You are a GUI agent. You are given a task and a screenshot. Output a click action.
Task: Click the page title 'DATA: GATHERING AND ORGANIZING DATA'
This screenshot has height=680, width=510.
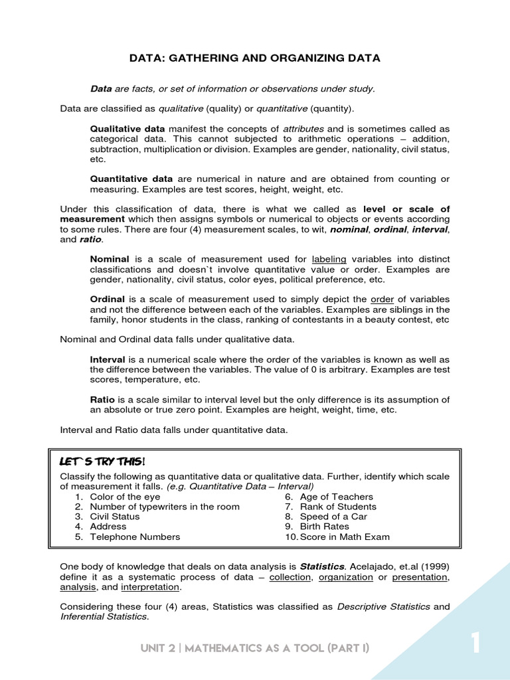[x=255, y=58]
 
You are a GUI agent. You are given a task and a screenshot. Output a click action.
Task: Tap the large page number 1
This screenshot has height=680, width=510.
[x=475, y=643]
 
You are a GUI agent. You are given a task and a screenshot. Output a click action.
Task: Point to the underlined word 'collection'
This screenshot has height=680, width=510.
[x=290, y=577]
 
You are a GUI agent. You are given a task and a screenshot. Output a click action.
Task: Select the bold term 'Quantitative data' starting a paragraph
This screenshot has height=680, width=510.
[x=131, y=179]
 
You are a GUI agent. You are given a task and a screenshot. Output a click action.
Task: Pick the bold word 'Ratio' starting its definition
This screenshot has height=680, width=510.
[x=102, y=400]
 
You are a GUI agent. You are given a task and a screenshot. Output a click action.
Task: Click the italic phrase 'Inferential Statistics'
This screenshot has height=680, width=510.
[x=104, y=617]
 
